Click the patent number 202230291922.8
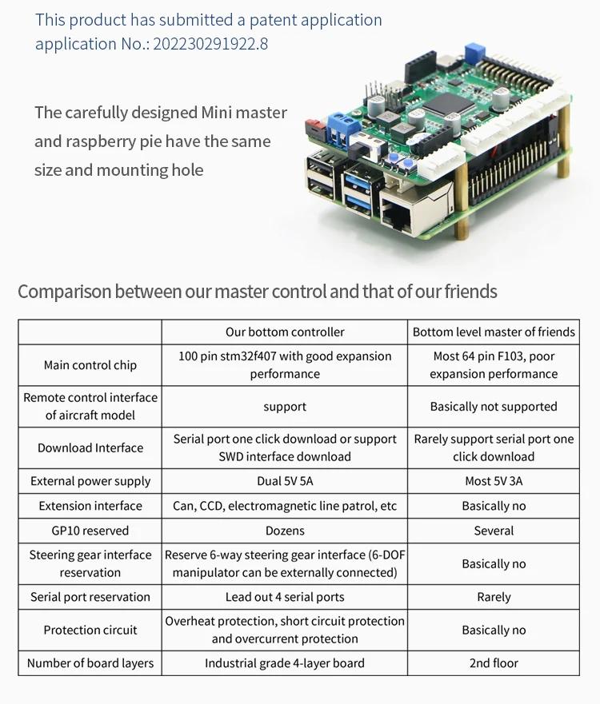click(210, 44)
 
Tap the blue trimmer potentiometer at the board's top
click(473, 53)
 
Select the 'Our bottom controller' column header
click(285, 332)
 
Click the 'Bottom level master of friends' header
click(494, 332)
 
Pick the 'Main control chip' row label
click(90, 365)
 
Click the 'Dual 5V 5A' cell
click(285, 481)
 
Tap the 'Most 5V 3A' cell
click(494, 481)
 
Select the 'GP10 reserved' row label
click(90, 531)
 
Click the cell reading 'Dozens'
click(285, 531)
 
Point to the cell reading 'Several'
click(494, 531)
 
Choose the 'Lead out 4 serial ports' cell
click(285, 597)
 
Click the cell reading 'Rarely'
click(494, 597)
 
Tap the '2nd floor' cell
click(494, 663)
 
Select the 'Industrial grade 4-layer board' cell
click(285, 663)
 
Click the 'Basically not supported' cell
click(494, 407)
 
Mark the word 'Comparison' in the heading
click(65, 292)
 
